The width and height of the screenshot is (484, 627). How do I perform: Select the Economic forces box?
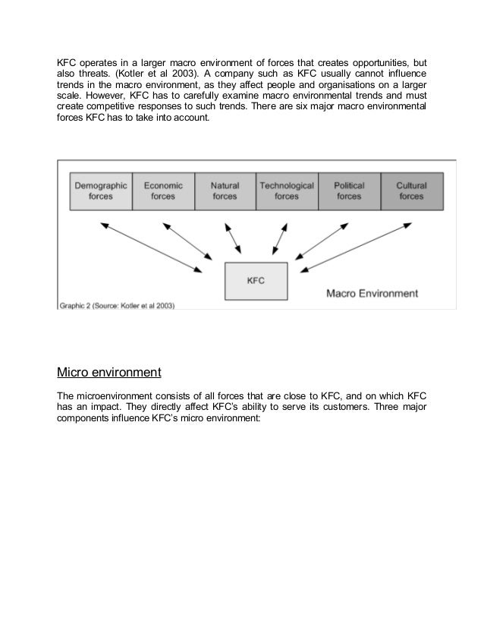pos(162,191)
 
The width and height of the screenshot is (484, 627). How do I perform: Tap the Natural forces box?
pos(225,191)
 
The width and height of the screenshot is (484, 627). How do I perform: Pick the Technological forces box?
pos(287,191)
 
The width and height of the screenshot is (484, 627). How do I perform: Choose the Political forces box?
pos(349,191)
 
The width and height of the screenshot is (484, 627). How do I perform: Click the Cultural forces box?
pos(411,191)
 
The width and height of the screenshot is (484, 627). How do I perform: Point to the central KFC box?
pos(256,280)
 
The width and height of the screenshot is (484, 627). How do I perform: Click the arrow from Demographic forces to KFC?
pos(155,244)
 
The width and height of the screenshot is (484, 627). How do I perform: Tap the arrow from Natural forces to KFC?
pos(234,237)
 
